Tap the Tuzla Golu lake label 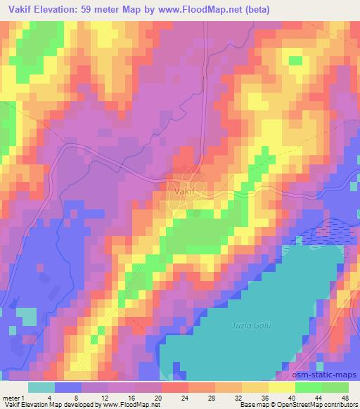pyautogui.click(x=251, y=324)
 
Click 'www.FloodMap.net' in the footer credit pyautogui.click(x=131, y=405)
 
